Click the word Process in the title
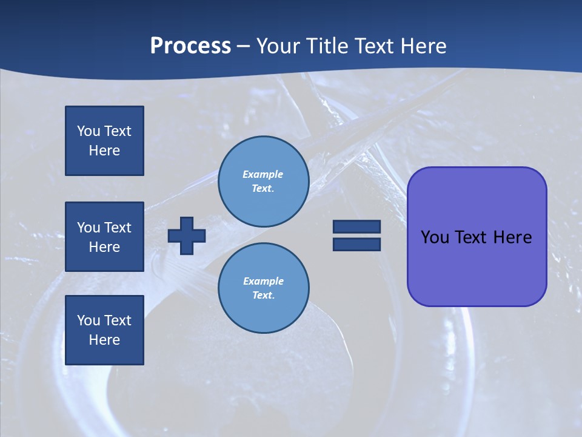point(190,46)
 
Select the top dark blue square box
point(104,141)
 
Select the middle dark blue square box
point(104,237)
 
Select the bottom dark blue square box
point(104,330)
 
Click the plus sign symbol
point(187,235)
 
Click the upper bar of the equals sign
point(356,226)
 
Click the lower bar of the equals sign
point(356,245)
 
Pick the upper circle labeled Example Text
point(263,181)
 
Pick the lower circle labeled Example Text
point(263,288)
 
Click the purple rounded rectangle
point(477,267)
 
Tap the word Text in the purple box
point(473,237)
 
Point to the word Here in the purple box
point(512,237)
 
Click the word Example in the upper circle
point(263,174)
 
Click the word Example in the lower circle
point(263,281)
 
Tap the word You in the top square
point(89,131)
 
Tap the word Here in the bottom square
point(104,340)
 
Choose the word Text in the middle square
point(118,228)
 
